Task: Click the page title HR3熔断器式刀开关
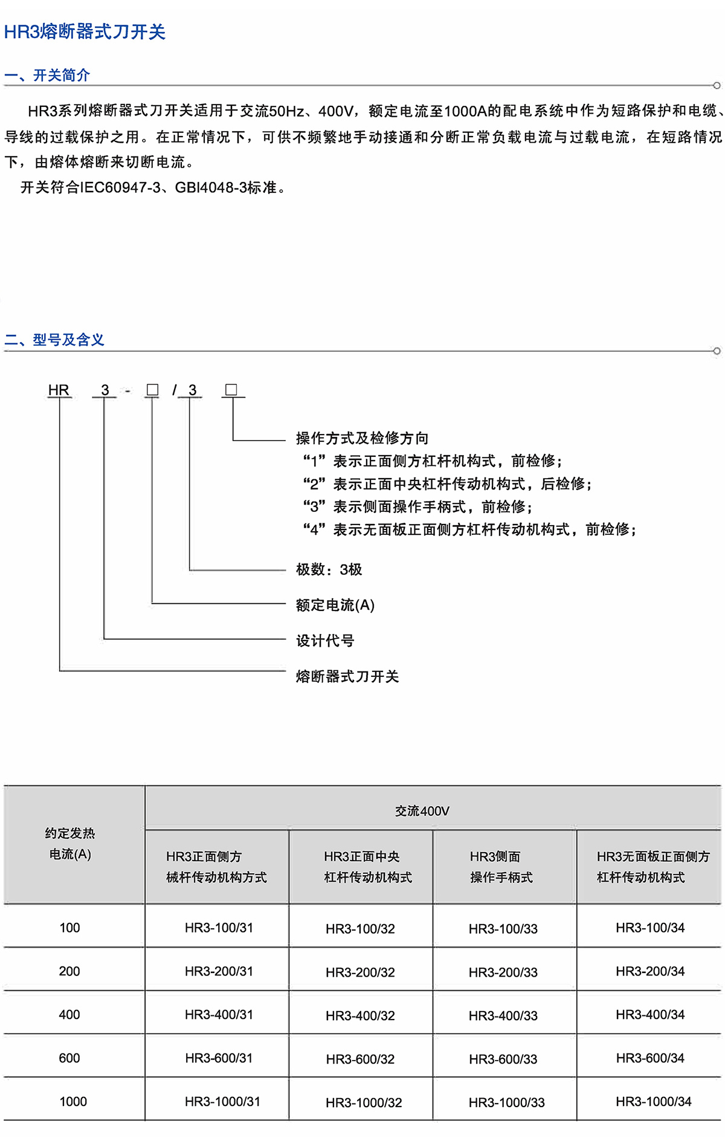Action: (85, 32)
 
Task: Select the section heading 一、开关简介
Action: (47, 76)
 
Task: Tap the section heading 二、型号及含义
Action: (54, 340)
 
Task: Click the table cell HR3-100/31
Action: (219, 928)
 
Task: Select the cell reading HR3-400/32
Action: (360, 1016)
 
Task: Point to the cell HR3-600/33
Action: (503, 1059)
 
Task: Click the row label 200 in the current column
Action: (69, 971)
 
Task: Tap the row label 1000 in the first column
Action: (72, 1102)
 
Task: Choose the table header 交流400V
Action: (422, 811)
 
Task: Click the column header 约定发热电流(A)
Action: (70, 844)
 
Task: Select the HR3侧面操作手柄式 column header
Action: (501, 867)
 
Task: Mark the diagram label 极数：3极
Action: (329, 569)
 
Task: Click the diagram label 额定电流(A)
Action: (335, 605)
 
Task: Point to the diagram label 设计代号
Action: (325, 641)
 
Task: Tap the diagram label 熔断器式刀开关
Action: (347, 676)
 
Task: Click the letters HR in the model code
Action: (59, 390)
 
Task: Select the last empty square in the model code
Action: (231, 390)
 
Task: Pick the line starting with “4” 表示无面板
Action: (469, 529)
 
